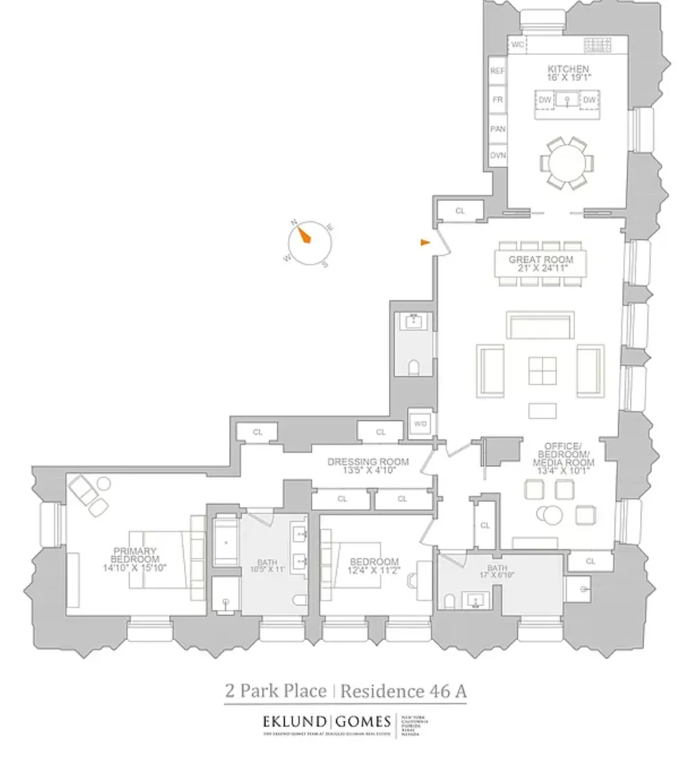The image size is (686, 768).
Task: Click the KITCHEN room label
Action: pos(568,69)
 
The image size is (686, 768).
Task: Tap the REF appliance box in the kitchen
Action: pos(497,71)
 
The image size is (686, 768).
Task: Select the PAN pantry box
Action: pos(497,128)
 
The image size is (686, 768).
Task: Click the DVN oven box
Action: pos(497,156)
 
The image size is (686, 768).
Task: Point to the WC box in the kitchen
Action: pos(518,45)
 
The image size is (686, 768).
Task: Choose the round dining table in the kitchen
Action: pos(567,163)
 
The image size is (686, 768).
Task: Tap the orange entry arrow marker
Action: pos(426,241)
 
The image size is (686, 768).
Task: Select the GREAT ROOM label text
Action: pos(541,261)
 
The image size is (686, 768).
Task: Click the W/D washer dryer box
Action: pos(420,424)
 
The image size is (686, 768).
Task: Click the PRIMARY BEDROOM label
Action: pos(134,555)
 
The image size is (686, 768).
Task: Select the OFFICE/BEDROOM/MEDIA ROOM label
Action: pos(565,454)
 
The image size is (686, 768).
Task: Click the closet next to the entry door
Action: pos(460,211)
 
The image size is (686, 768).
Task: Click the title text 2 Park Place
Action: pos(275,691)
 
